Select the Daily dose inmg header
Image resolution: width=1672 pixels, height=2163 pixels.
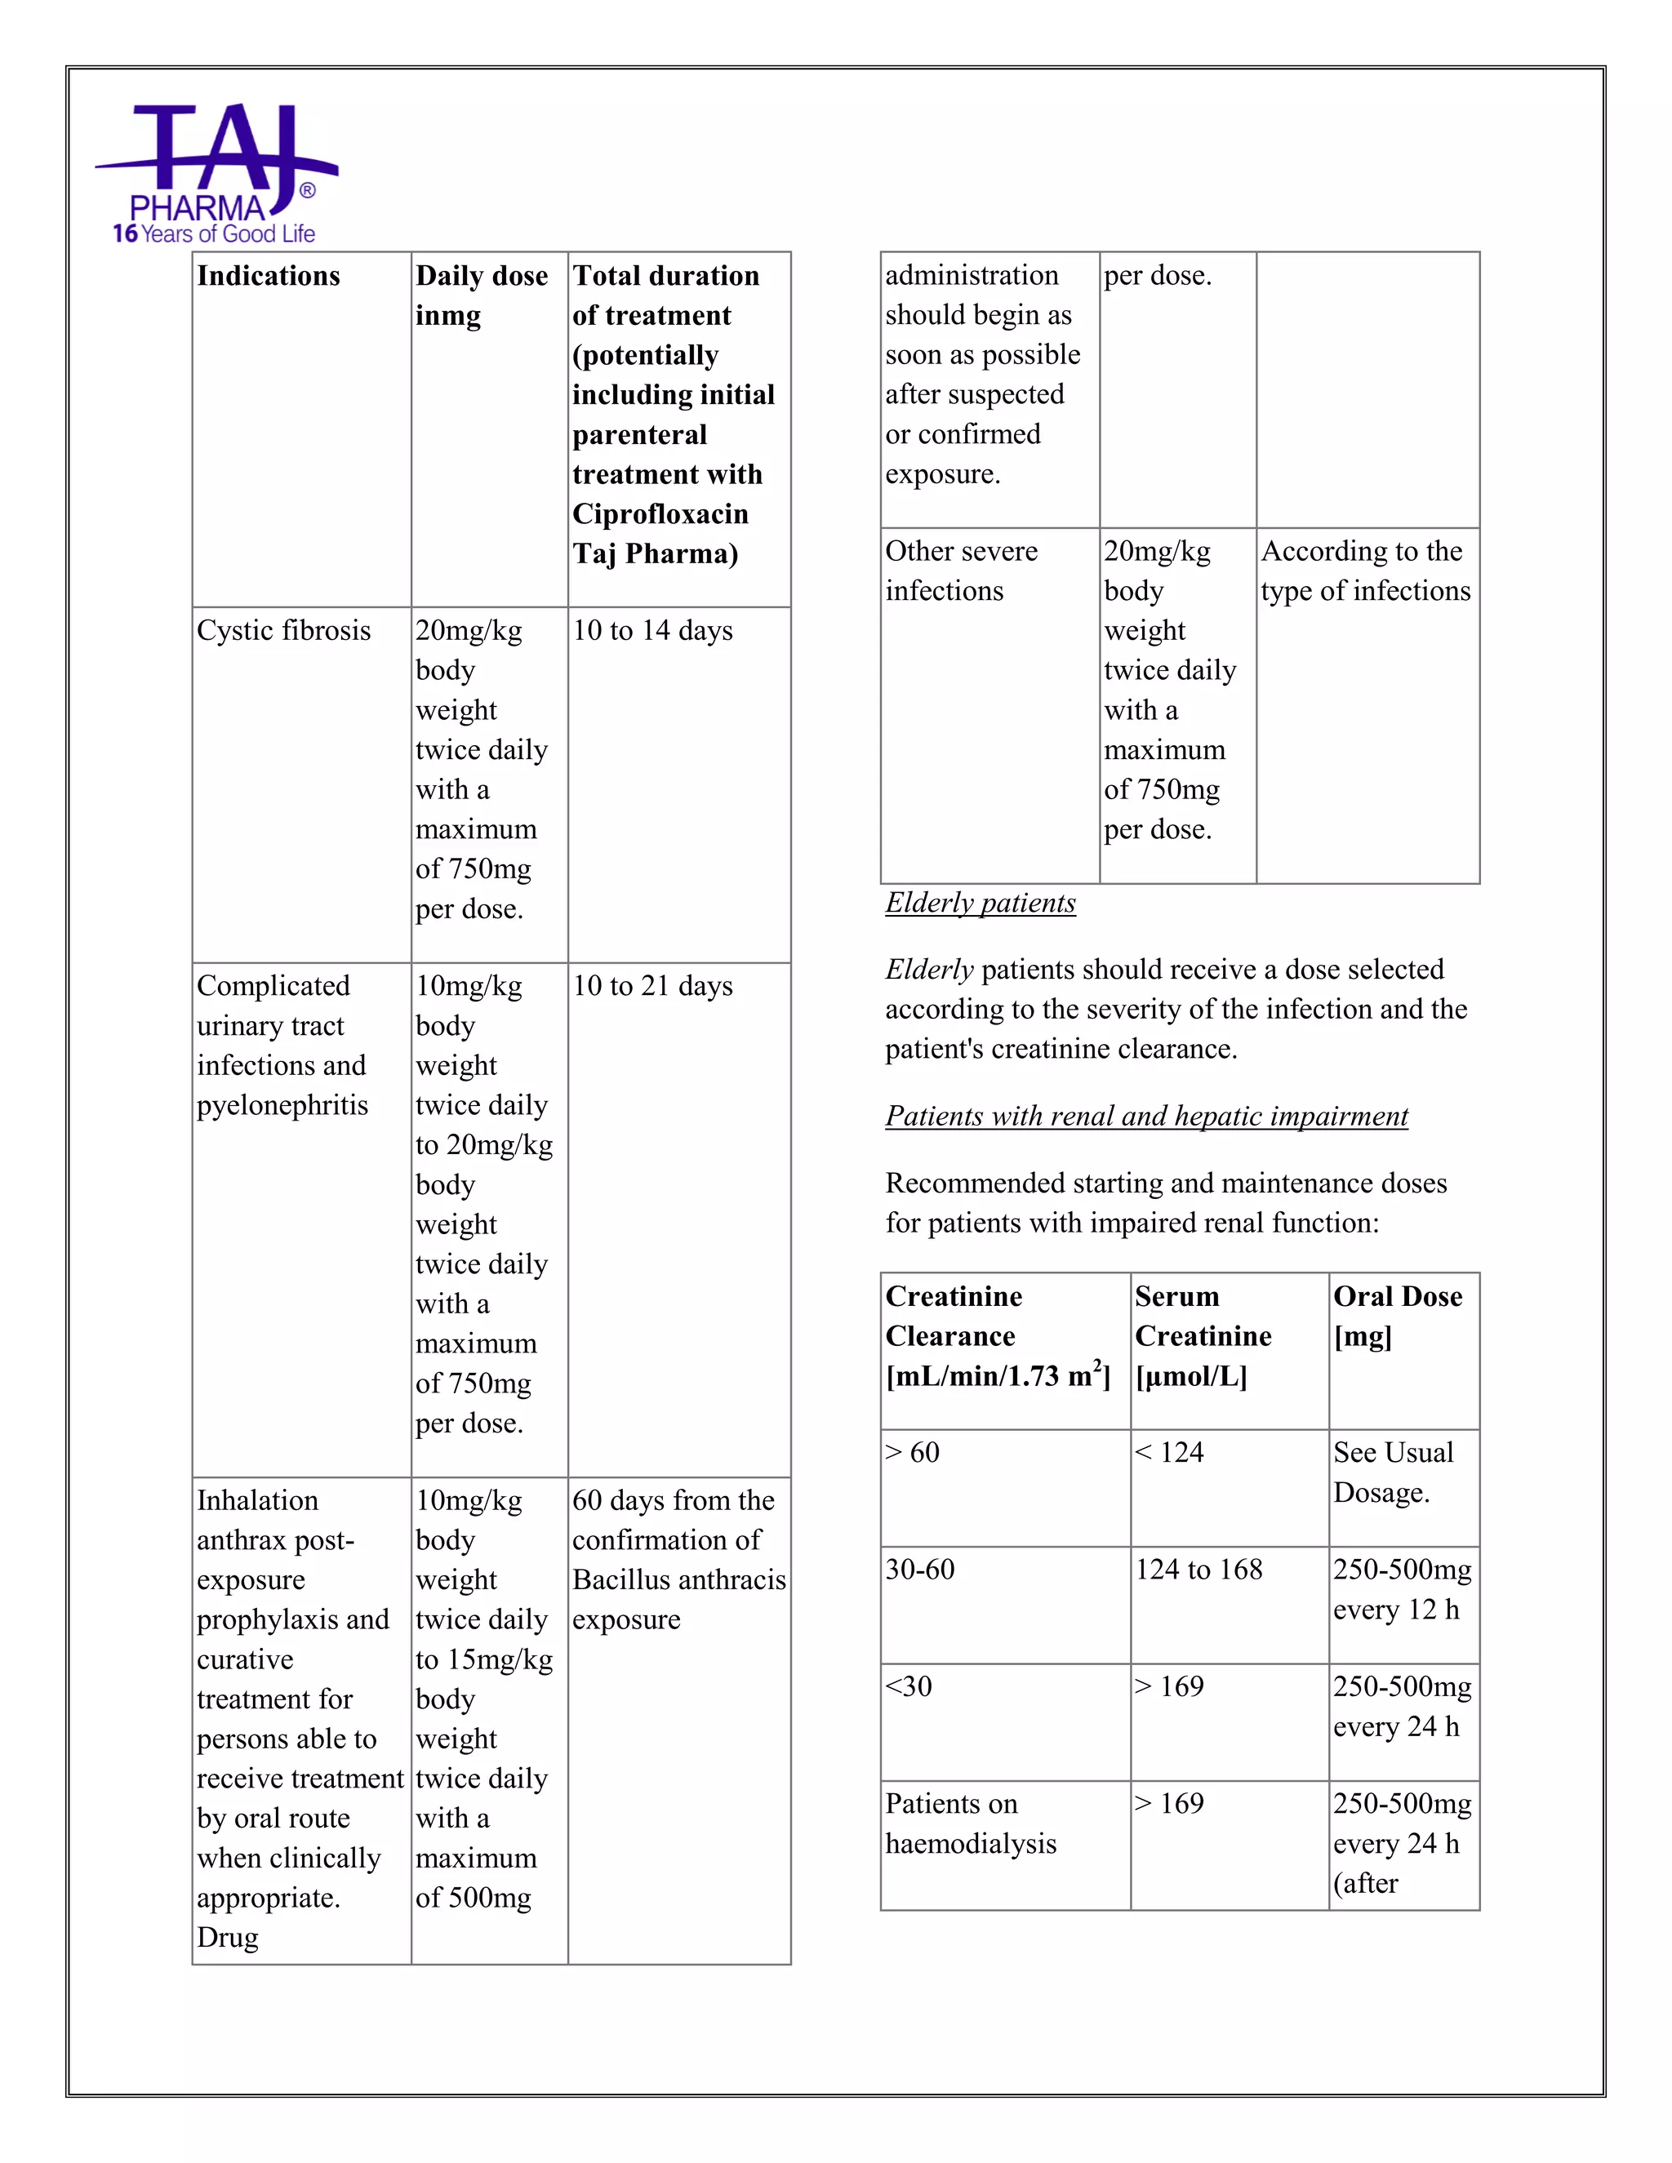click(482, 295)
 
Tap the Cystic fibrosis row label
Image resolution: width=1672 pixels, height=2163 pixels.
click(283, 631)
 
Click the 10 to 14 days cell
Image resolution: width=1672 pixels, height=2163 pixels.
click(653, 631)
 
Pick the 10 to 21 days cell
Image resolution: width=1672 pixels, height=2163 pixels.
click(653, 987)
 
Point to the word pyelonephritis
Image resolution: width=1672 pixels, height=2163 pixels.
click(282, 1105)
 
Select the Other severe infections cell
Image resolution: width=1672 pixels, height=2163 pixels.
click(961, 571)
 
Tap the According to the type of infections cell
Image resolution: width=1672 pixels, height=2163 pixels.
click(1365, 571)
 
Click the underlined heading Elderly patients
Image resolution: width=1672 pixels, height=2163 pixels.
click(980, 904)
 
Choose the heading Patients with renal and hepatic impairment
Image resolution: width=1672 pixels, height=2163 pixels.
click(1146, 1116)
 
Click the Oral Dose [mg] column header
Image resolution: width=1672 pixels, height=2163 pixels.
click(1398, 1317)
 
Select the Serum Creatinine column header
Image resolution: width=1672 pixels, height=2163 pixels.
click(1203, 1336)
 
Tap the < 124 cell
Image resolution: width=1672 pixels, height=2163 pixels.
click(1170, 1453)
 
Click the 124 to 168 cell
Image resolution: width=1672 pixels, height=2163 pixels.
click(1198, 1570)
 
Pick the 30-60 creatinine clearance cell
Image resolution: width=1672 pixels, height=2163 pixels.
click(920, 1570)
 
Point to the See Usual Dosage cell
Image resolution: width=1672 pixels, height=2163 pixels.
click(1393, 1472)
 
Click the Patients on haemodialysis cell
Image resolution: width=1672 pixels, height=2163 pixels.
click(971, 1823)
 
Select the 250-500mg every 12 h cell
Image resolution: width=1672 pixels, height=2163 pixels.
click(1402, 1589)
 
